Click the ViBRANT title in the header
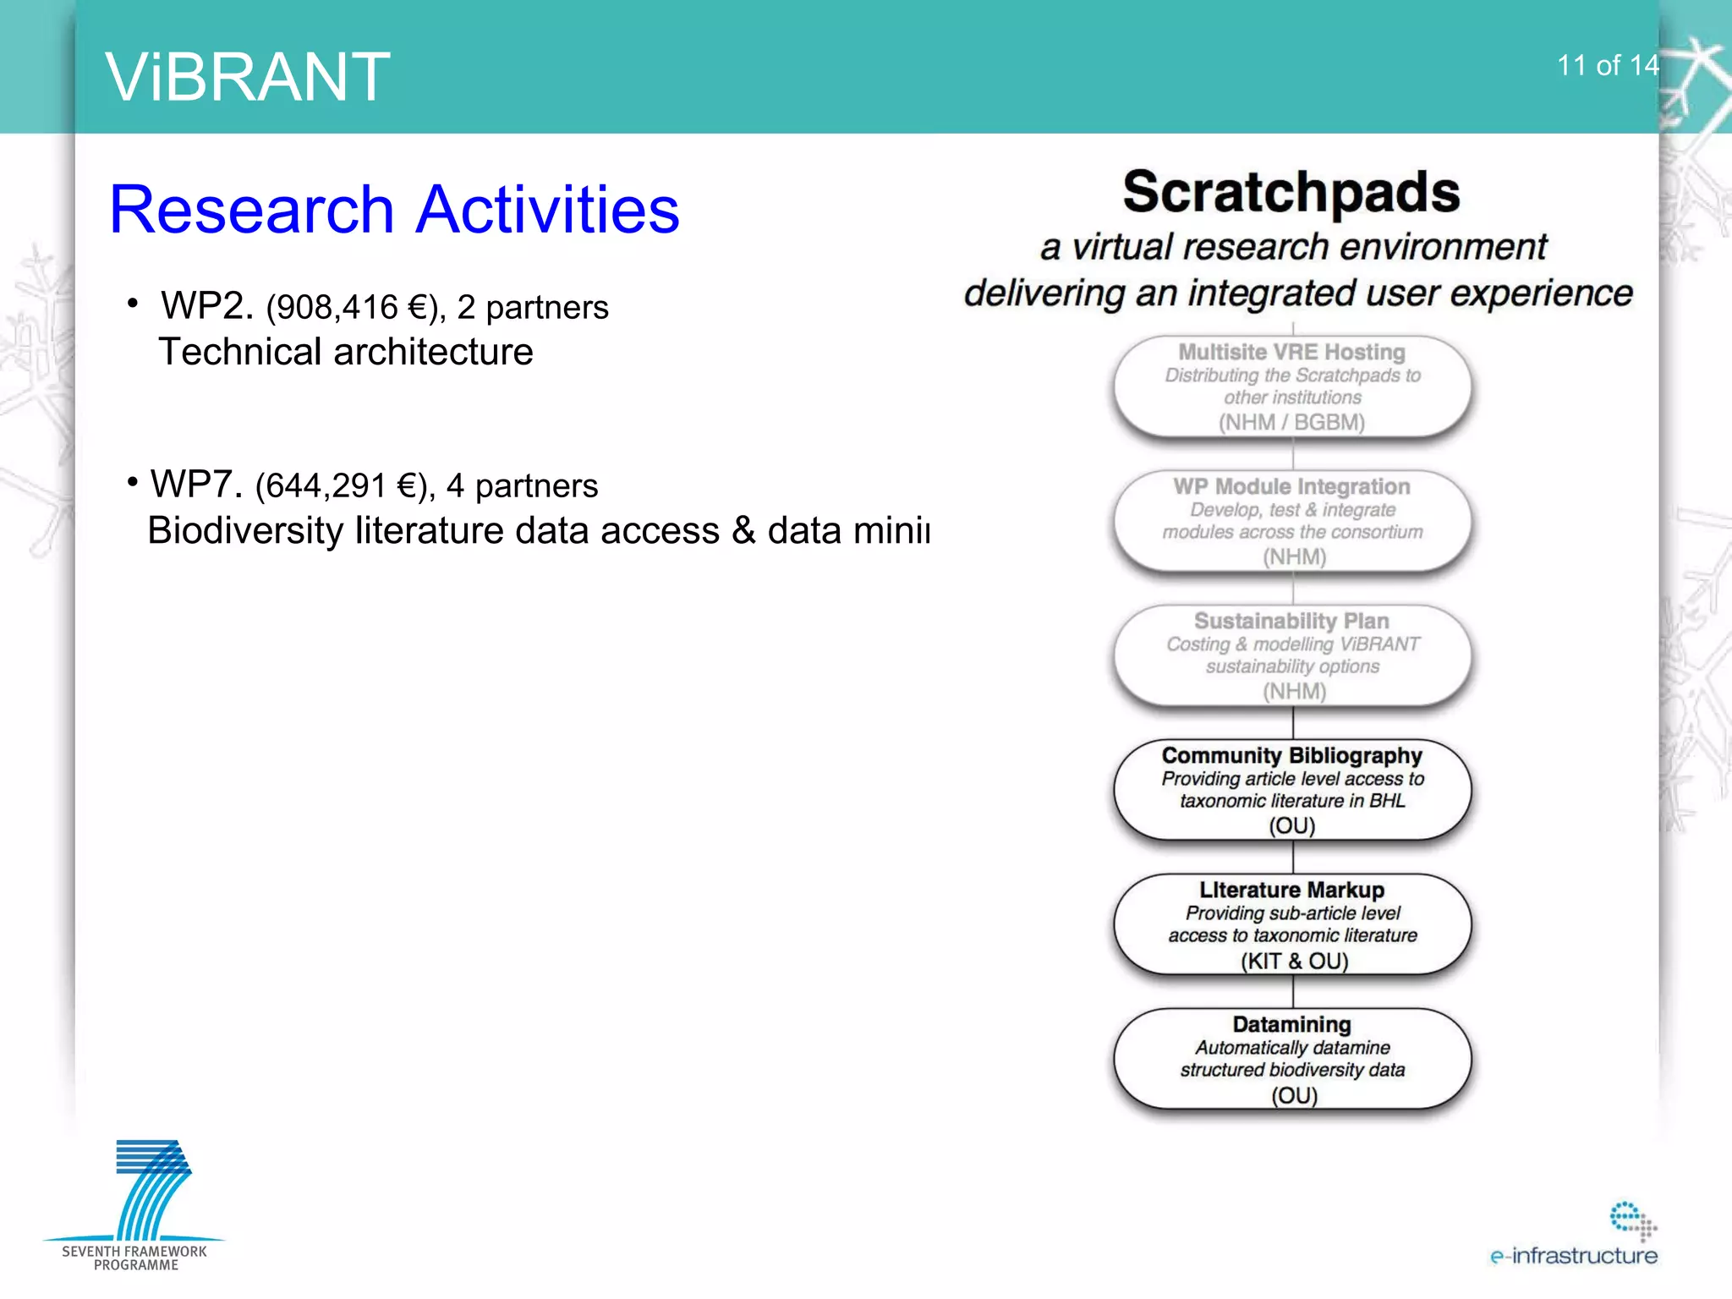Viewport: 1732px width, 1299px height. tap(248, 77)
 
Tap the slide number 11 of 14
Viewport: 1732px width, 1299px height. tap(1607, 65)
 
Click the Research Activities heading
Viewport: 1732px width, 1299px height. tap(394, 210)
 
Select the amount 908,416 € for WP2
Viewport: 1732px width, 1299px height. tap(355, 308)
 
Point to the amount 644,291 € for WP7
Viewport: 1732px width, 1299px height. tap(344, 486)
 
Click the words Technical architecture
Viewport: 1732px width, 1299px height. tap(346, 352)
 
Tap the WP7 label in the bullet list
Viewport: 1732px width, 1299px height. tap(195, 485)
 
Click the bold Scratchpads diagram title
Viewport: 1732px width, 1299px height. tap(1291, 192)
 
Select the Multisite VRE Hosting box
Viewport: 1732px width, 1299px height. tap(1292, 386)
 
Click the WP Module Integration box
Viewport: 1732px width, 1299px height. tap(1292, 521)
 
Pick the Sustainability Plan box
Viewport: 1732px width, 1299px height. tap(1292, 655)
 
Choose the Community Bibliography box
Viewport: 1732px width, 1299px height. tap(1292, 790)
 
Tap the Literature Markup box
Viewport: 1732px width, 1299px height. tap(1292, 924)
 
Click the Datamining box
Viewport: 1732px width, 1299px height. tap(1292, 1059)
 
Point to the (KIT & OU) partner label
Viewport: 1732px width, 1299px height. tap(1294, 961)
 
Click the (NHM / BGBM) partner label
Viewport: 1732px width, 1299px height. tap(1291, 422)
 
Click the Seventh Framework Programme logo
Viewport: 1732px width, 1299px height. tap(135, 1205)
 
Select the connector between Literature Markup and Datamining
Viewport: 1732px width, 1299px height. tap(1293, 991)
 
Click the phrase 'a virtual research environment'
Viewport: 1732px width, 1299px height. tap(1293, 248)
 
